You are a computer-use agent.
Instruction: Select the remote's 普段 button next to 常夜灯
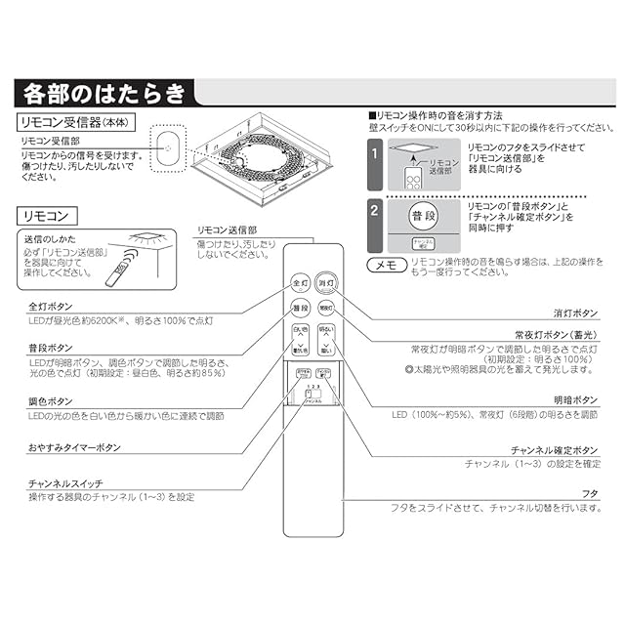[x=300, y=309]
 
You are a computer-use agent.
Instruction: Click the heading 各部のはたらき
[x=104, y=95]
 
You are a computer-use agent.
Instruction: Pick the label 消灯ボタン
[x=576, y=314]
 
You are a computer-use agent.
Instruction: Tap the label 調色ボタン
[x=51, y=402]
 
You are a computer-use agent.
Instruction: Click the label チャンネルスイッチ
[x=65, y=484]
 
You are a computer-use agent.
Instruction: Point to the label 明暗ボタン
[x=576, y=401]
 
